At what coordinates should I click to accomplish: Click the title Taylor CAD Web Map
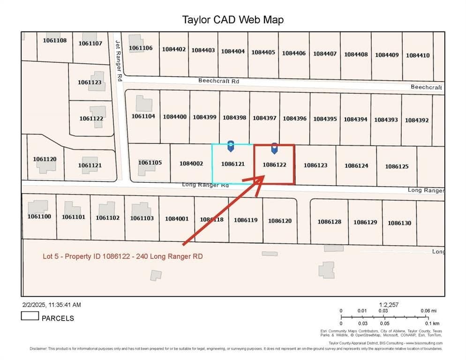pos(233,20)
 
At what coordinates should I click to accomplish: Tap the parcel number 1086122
pos(274,165)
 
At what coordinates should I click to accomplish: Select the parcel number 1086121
pos(233,164)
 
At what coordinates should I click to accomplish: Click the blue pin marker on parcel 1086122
pos(274,148)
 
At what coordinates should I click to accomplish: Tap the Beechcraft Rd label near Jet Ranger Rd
pos(218,81)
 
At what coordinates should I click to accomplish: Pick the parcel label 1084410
pos(417,55)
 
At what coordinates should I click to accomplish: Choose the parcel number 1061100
pos(39,217)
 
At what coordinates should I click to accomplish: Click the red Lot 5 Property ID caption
pos(123,256)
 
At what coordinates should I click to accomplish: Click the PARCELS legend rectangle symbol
pos(30,316)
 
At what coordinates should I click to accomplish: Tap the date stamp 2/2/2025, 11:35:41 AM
pos(51,305)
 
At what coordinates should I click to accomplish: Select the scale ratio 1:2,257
pos(388,305)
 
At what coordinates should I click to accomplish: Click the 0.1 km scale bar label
pos(432,323)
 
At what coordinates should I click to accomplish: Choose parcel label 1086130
pos(399,223)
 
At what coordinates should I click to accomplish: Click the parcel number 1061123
pos(90,82)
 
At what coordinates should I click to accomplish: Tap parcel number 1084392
pos(417,120)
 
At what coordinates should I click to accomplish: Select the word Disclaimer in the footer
pos(38,349)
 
